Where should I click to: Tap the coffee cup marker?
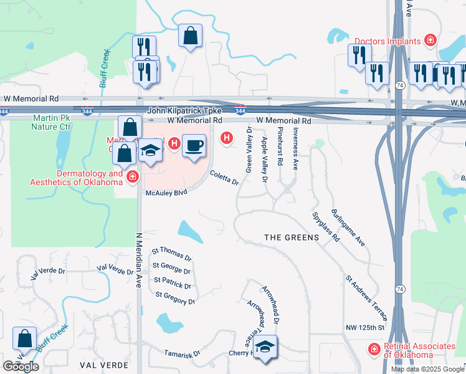pos(194,146)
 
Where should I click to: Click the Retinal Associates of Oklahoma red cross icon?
pos(374,349)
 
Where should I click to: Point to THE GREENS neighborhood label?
pos(292,237)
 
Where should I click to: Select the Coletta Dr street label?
pos(224,178)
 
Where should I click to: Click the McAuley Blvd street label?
pos(166,193)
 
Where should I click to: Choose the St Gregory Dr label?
pos(175,298)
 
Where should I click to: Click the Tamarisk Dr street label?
pos(182,353)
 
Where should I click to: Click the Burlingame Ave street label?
pos(348,228)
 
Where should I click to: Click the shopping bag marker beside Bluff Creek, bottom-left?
pos(24,339)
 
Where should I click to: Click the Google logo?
pos(21,367)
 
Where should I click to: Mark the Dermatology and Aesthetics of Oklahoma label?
pos(77,178)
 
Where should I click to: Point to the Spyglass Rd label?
pos(325,226)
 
